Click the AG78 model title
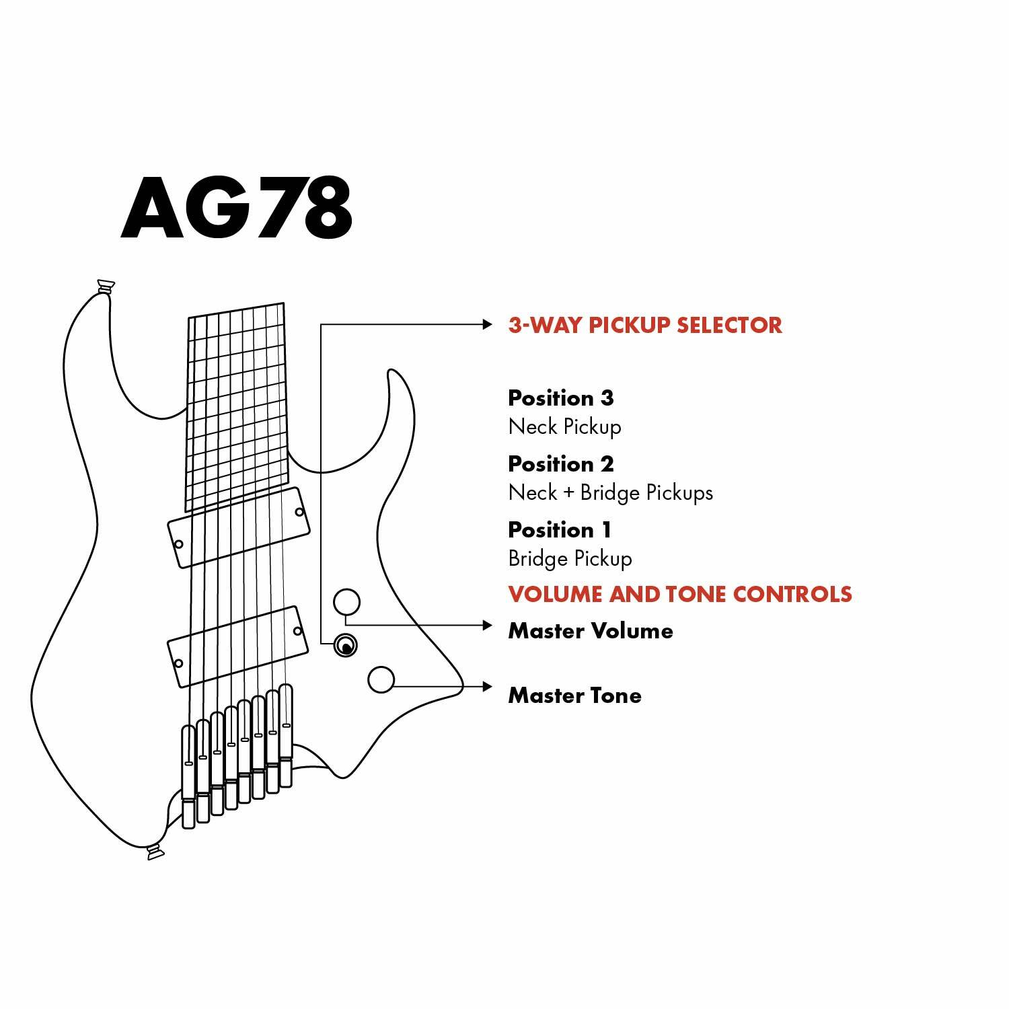237,208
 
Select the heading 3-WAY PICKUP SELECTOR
644,325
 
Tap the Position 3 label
560,398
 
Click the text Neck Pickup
564,426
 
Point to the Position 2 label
560,463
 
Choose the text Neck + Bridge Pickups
610,492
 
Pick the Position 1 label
559,529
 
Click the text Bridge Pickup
570,558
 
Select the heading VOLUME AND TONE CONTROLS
679,594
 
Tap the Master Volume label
590,630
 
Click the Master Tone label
574,695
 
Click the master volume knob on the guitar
347,602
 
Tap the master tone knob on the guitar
381,679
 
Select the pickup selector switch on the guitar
346,646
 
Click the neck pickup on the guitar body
239,527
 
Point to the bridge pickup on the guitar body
238,647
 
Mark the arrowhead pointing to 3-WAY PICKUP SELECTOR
488,324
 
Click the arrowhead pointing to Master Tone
488,687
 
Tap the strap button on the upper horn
106,287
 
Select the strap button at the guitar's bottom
155,853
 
